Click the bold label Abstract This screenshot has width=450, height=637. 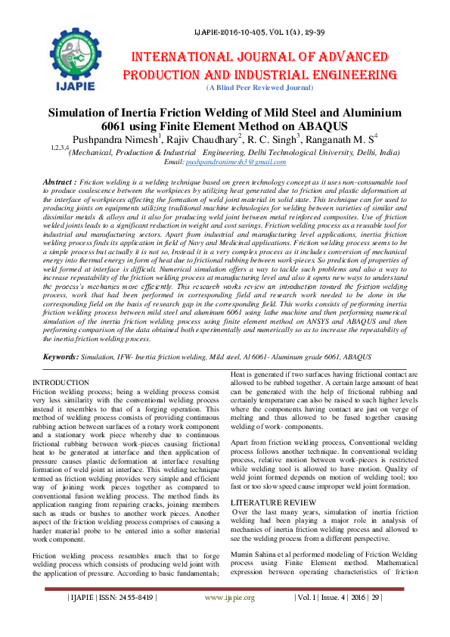tap(60, 182)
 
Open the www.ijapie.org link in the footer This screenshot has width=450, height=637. tap(230, 618)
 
